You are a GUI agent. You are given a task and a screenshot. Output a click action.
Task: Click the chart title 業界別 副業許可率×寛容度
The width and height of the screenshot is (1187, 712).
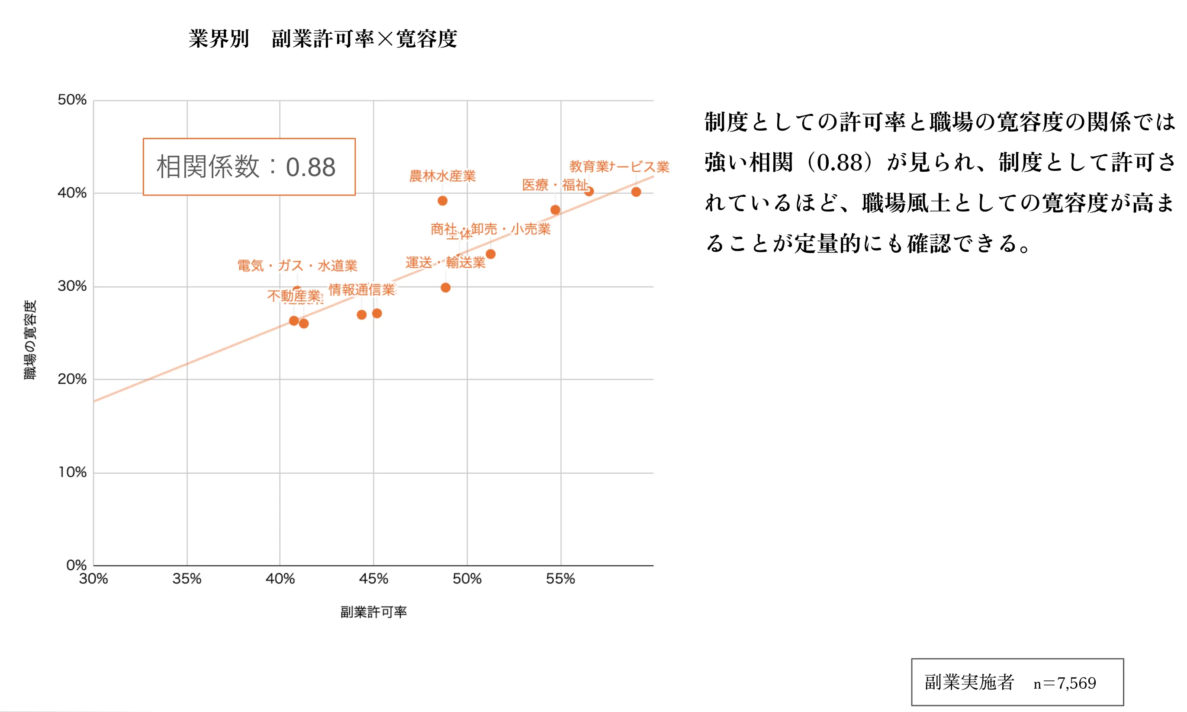[x=322, y=39]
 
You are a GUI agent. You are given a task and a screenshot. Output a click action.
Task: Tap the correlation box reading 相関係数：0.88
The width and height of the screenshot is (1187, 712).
[x=249, y=167]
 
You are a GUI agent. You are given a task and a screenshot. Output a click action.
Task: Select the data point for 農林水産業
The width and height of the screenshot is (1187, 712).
[x=442, y=201]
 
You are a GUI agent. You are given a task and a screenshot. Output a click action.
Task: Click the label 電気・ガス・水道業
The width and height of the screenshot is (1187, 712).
[x=297, y=265]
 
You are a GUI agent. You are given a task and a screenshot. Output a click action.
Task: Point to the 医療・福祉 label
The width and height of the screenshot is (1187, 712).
[x=554, y=185]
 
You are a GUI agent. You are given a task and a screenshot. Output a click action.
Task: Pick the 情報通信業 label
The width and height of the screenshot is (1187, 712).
[x=361, y=289]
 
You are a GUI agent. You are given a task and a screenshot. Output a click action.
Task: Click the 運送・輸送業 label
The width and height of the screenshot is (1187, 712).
[x=445, y=263]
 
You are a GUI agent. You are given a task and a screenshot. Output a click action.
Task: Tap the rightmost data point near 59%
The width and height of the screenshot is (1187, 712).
[x=636, y=192]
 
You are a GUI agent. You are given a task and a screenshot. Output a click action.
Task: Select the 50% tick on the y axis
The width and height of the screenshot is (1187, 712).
[x=72, y=100]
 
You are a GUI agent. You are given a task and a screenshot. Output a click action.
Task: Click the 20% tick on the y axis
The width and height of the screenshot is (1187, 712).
[x=72, y=379]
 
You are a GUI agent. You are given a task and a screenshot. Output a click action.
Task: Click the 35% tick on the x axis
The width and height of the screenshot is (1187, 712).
[x=187, y=579]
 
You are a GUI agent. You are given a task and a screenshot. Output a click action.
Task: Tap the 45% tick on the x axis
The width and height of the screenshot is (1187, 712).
[x=373, y=579]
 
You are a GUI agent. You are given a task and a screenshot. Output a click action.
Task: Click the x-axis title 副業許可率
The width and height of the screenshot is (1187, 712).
[x=373, y=612]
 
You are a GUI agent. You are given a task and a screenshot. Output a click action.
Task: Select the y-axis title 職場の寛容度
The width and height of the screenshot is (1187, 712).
[x=30, y=340]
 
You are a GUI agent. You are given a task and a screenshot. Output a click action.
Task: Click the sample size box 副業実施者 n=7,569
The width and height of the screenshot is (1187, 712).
[x=1017, y=682]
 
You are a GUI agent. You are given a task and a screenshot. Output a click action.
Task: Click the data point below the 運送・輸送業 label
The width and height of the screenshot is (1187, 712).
[x=445, y=287]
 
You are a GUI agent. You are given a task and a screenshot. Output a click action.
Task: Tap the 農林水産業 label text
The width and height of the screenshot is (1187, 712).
[x=442, y=176]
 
